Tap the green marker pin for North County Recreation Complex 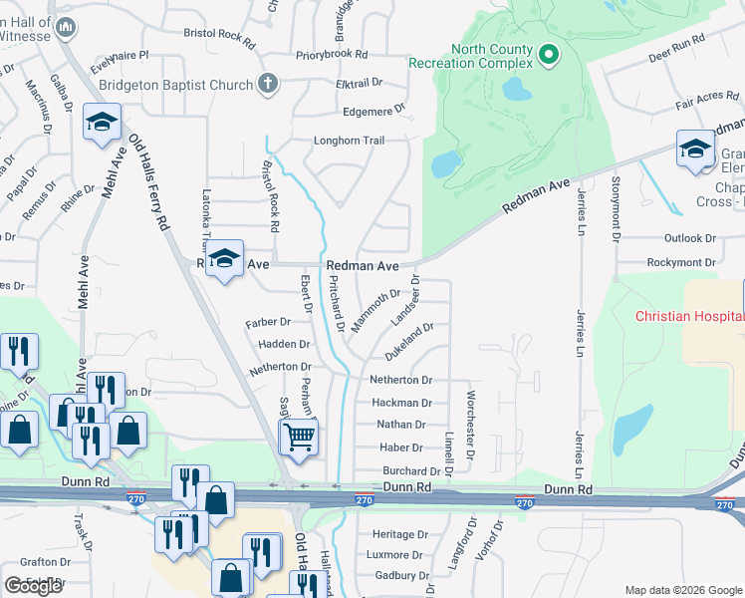tap(547, 55)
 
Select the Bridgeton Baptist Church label tap(181, 85)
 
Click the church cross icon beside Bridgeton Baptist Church tap(267, 84)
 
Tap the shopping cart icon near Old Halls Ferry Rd tap(299, 436)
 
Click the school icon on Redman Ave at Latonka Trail tap(225, 260)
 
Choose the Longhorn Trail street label tap(349, 141)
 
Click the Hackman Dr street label tap(401, 404)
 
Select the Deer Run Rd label tap(675, 44)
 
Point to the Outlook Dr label tap(689, 238)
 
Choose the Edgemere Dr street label tap(374, 112)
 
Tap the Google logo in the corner tap(34, 586)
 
